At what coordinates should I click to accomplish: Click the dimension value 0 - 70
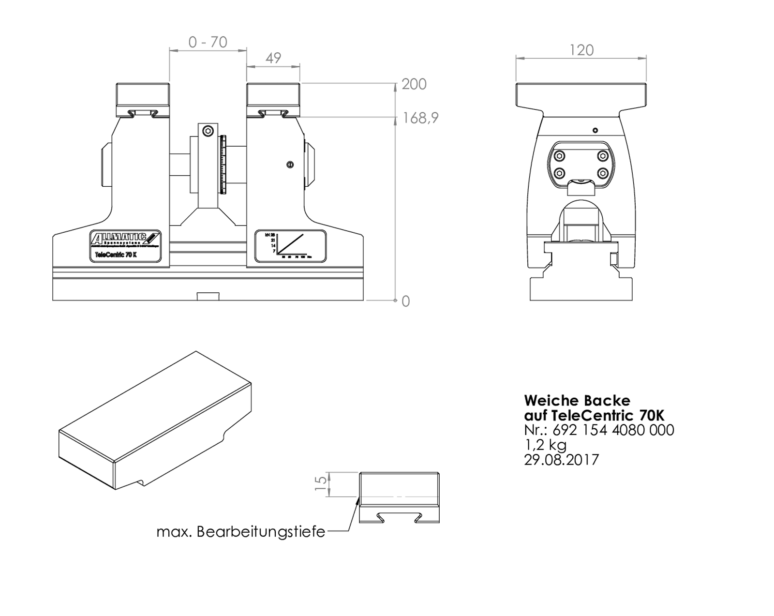click(x=208, y=43)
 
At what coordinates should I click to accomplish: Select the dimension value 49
click(x=273, y=58)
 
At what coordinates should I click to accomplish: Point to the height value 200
click(x=414, y=84)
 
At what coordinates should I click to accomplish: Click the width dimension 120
click(x=581, y=50)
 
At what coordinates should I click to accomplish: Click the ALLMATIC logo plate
click(x=125, y=246)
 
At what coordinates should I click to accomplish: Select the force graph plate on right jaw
click(x=290, y=246)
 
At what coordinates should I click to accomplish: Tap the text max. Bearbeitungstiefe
click(x=240, y=532)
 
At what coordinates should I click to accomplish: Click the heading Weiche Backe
click(x=577, y=400)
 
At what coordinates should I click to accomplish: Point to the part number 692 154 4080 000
click(x=613, y=430)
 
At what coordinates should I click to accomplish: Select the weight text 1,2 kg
click(x=545, y=444)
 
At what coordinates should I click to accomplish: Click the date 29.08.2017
click(x=561, y=459)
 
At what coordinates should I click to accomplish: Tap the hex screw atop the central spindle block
click(x=208, y=131)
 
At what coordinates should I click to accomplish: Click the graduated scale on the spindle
click(x=223, y=165)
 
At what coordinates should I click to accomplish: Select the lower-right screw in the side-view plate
click(x=602, y=173)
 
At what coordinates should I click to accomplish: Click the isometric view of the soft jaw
click(x=155, y=421)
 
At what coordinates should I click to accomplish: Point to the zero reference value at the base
click(x=405, y=301)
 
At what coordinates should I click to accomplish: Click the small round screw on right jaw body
click(x=290, y=165)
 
